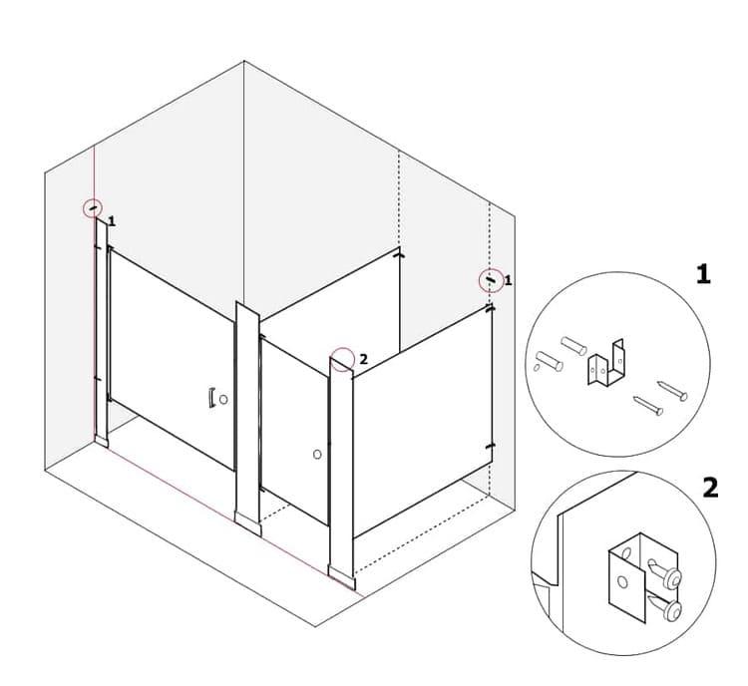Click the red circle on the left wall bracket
point(93,207)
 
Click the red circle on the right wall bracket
point(491,280)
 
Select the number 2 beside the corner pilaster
point(363,358)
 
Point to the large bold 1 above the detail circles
point(703,274)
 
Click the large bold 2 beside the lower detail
point(710,488)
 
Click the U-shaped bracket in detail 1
point(605,366)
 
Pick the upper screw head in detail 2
point(673,578)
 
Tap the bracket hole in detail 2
point(624,580)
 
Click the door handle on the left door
point(211,398)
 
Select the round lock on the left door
point(223,399)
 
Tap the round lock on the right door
point(316,455)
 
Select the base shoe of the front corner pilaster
point(341,575)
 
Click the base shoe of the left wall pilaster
point(101,439)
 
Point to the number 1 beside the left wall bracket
point(111,220)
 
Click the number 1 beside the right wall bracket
point(508,281)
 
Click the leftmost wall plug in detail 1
point(549,362)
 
